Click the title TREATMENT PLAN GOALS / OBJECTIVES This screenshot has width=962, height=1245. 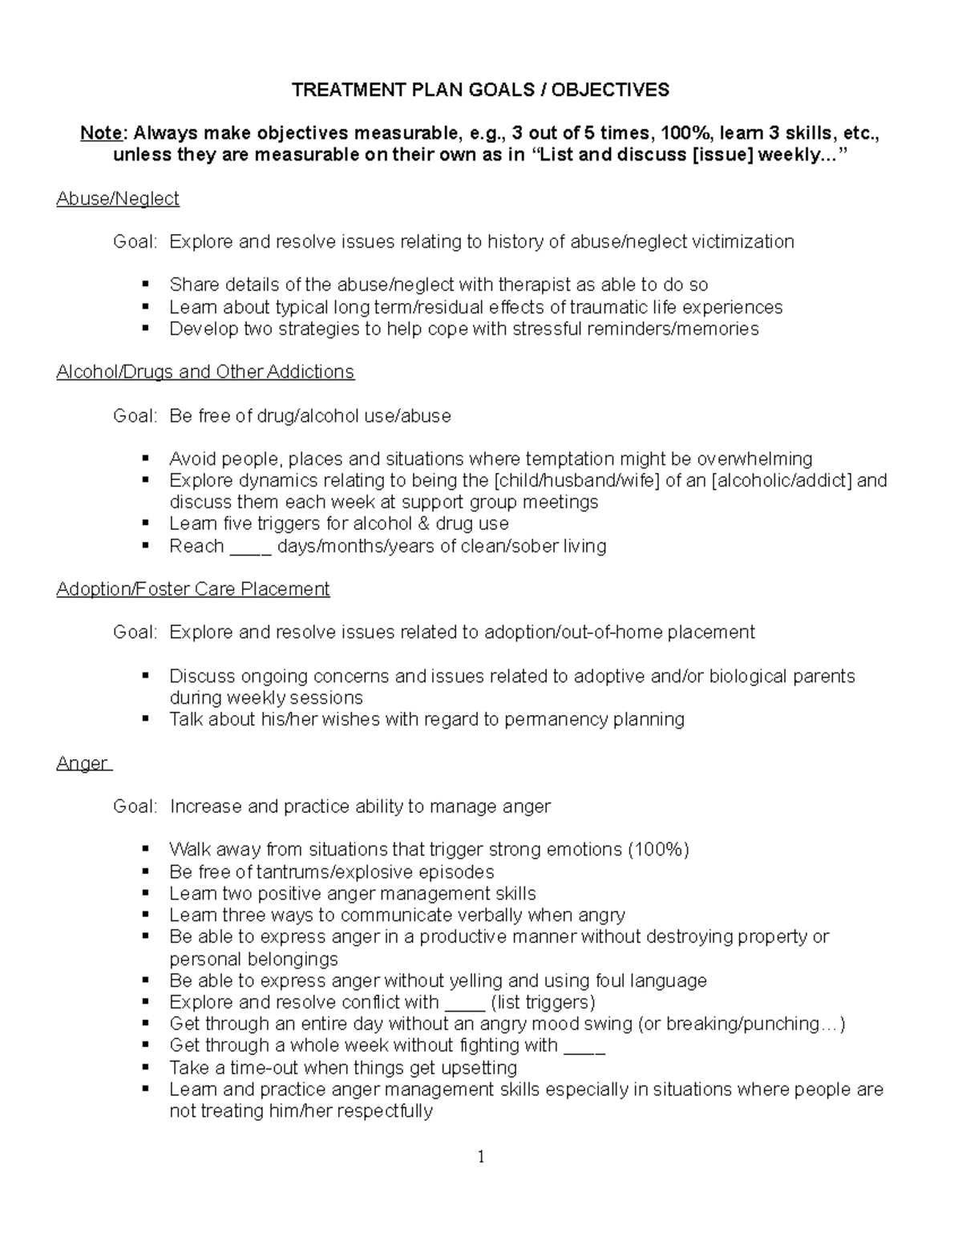pos(480,90)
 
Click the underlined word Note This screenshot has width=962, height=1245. pos(101,133)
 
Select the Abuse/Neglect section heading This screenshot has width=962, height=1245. pos(117,199)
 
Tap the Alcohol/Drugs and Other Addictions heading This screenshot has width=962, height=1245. pos(204,372)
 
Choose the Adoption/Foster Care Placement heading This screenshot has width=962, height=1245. pos(192,589)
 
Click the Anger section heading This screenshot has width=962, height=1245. pos(82,763)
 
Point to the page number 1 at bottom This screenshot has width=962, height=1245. pos(481,1157)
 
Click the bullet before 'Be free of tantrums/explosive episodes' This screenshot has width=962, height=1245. pos(145,871)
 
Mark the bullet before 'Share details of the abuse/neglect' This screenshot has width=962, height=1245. pos(145,285)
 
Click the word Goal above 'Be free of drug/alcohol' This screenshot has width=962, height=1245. pos(134,416)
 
